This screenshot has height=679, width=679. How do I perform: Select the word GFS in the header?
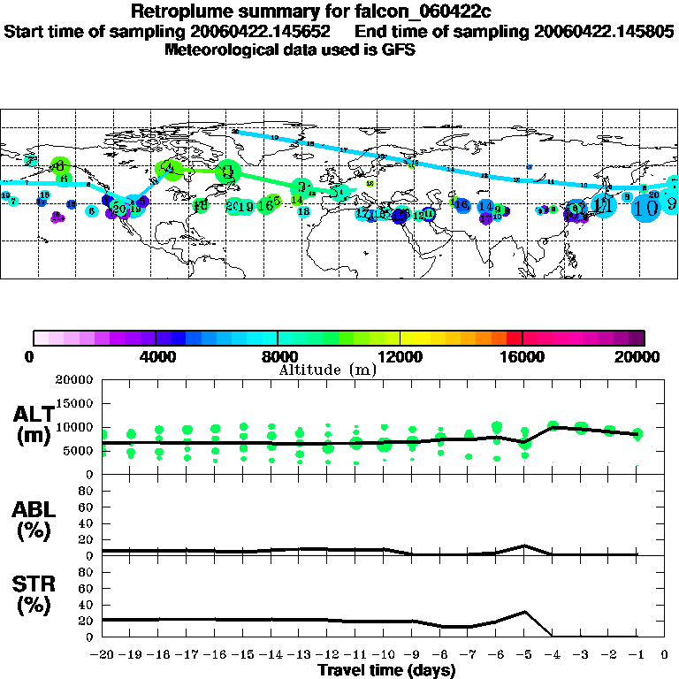click(x=399, y=50)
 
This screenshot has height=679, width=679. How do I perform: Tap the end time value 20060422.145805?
click(x=604, y=31)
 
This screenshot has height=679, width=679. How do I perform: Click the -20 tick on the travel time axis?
click(x=103, y=655)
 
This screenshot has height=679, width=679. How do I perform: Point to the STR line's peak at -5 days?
click(x=525, y=611)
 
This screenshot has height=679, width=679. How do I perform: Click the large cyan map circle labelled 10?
click(x=646, y=208)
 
